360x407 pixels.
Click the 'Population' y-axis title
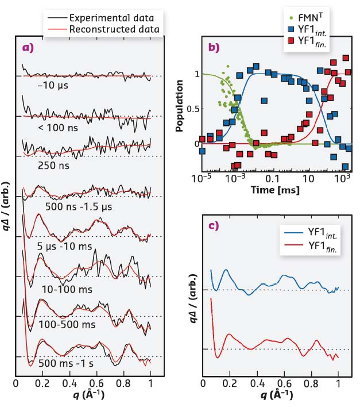pyautogui.click(x=180, y=101)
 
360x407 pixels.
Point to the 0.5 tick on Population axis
pyautogui.click(x=195, y=109)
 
